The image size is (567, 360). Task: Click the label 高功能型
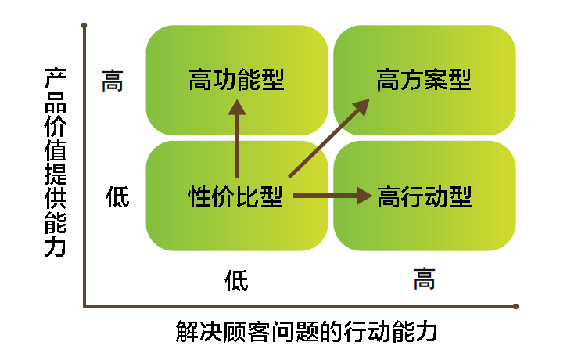[x=236, y=80]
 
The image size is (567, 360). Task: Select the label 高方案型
[x=424, y=80]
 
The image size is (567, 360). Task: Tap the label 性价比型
[x=236, y=196]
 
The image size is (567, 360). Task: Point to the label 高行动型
[x=424, y=196]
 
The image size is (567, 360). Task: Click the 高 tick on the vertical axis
[x=113, y=81]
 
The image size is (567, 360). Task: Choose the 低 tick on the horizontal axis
[x=236, y=279]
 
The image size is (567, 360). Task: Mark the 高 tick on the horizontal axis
[x=424, y=278]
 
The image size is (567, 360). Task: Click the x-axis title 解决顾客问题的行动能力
[x=306, y=332]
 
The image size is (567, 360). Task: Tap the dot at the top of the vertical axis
[x=84, y=27]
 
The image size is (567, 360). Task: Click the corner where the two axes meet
[x=84, y=306]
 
